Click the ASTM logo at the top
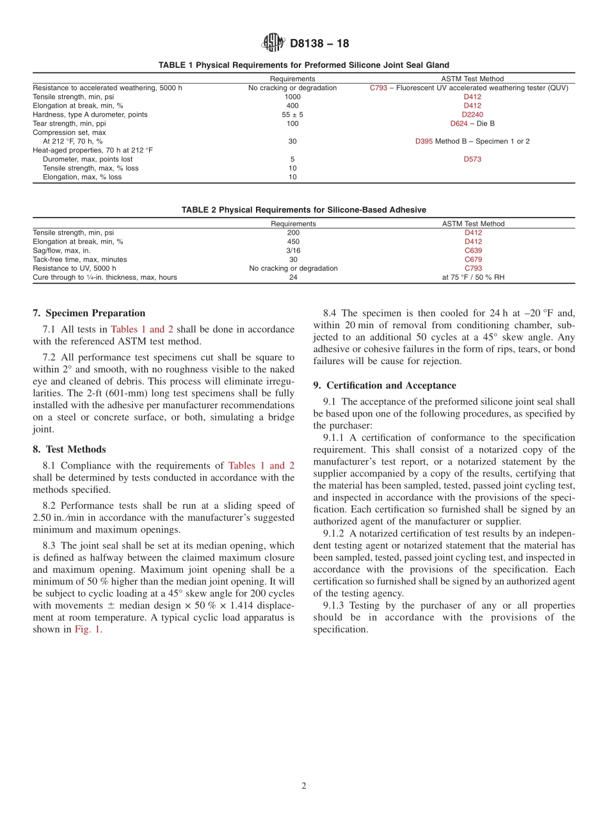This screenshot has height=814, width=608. pyautogui.click(x=273, y=44)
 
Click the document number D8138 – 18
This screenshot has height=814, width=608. pyautogui.click(x=319, y=44)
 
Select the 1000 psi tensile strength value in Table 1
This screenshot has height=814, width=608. pyautogui.click(x=292, y=97)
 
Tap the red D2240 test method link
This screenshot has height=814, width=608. pyautogui.click(x=472, y=115)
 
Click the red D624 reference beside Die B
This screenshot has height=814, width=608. pyautogui.click(x=459, y=124)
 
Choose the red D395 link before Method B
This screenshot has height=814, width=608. pyautogui.click(x=424, y=141)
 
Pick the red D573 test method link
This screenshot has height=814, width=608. pyautogui.click(x=472, y=159)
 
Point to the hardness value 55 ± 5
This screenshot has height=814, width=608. pyautogui.click(x=292, y=115)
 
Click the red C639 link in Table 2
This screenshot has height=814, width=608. pyautogui.click(x=473, y=251)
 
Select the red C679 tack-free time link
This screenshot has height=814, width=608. pyautogui.click(x=473, y=260)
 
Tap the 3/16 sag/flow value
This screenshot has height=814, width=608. pyautogui.click(x=293, y=251)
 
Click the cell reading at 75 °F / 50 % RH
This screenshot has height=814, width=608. pyautogui.click(x=473, y=278)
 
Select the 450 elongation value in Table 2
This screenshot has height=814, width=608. pyautogui.click(x=293, y=242)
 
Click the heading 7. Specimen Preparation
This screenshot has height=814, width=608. pyautogui.click(x=89, y=313)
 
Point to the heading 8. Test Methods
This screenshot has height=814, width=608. pyautogui.click(x=69, y=449)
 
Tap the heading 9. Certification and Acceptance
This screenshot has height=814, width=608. pyautogui.click(x=385, y=385)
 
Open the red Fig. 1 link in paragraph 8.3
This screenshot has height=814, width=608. pyautogui.click(x=87, y=630)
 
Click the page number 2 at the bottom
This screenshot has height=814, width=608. pyautogui.click(x=304, y=786)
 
